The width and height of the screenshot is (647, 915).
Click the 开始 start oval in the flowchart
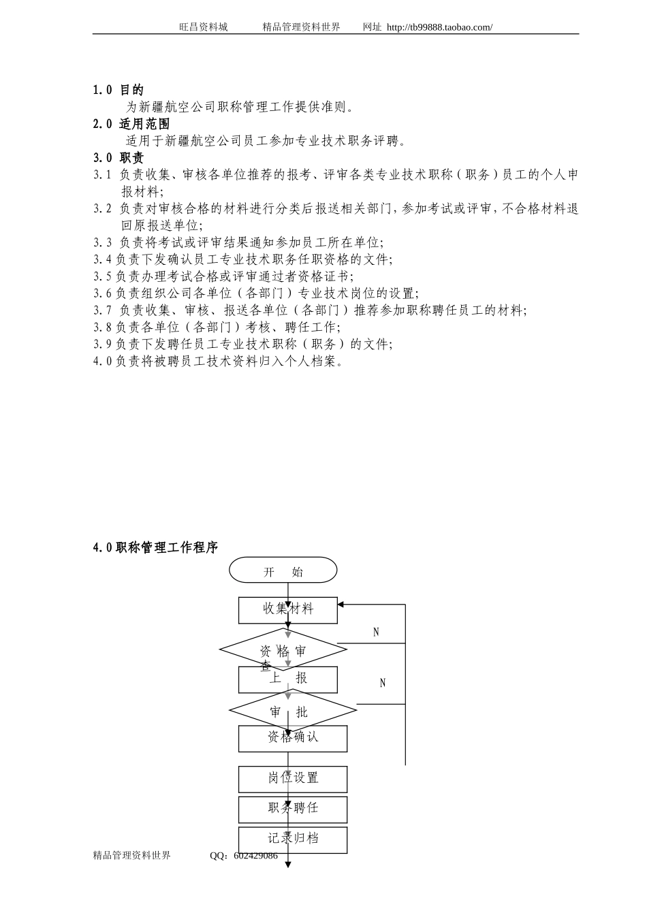click(283, 571)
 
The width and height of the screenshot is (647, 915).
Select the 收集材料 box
click(287, 609)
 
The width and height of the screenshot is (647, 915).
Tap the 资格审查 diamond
click(283, 649)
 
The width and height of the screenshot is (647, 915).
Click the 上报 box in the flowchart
click(287, 679)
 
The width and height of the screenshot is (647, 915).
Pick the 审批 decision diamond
click(292, 711)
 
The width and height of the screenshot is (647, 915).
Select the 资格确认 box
click(292, 738)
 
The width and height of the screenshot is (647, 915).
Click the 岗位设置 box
click(292, 778)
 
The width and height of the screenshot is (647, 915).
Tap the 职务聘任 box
click(292, 809)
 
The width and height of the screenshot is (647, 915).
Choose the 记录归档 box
click(292, 839)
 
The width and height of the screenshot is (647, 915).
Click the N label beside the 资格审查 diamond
click(376, 632)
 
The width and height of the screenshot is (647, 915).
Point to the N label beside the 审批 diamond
click(382, 683)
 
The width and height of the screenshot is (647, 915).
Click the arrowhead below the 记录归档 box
click(288, 865)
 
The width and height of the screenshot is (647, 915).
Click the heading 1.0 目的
click(119, 90)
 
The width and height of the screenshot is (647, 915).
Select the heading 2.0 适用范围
click(131, 124)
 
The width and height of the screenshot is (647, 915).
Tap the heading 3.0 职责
click(119, 158)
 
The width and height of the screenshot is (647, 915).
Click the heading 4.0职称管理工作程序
click(156, 547)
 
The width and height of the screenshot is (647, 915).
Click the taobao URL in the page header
click(439, 27)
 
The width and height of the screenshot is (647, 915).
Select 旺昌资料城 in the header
click(204, 27)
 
